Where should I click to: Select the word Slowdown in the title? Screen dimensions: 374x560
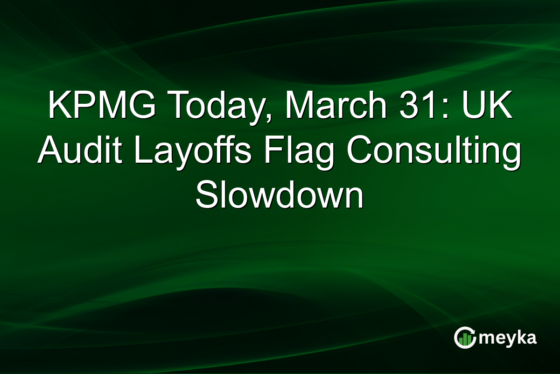[279, 196]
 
